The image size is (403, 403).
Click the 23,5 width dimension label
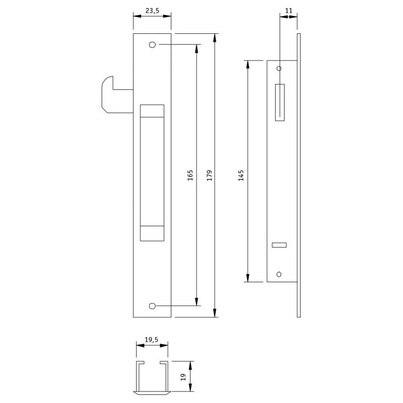(153, 11)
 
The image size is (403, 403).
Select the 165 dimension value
(190, 175)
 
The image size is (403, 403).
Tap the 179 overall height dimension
(210, 175)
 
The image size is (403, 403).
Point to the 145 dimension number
(241, 175)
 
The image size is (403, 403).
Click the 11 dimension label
(289, 11)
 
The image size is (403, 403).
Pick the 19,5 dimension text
(152, 340)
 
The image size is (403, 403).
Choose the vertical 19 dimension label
(183, 377)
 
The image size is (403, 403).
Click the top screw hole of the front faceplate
(153, 45)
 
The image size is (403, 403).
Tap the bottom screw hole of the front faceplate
(153, 306)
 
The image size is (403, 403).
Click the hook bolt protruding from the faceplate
(108, 95)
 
